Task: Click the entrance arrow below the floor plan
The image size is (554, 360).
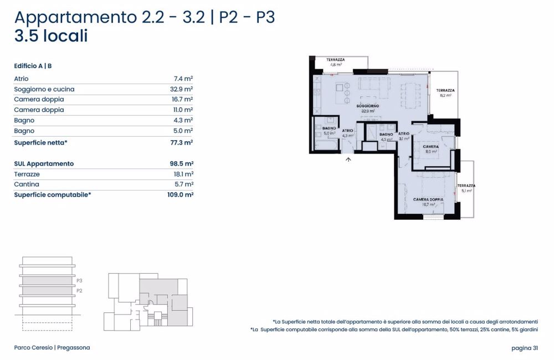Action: [348, 160]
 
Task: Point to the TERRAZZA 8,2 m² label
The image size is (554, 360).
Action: [445, 92]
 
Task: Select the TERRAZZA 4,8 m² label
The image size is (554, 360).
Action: [336, 62]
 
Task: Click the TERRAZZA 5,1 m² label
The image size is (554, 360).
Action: [466, 188]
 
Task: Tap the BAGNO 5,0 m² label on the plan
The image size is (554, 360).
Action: [329, 131]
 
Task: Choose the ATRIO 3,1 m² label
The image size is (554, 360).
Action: [403, 136]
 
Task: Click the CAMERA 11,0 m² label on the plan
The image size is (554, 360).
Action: [432, 148]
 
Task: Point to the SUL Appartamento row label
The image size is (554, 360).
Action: [44, 164]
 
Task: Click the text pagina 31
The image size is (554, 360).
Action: [525, 348]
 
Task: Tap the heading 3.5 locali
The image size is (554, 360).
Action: [51, 37]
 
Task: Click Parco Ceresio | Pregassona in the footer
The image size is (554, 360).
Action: [52, 348]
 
